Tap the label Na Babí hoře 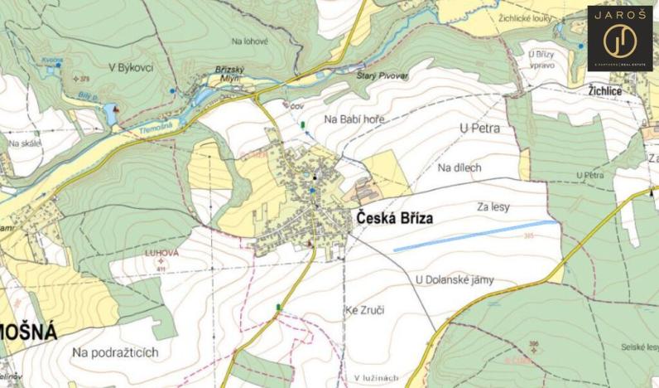coord(355,120)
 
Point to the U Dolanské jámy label coord(449,279)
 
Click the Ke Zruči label coord(363,310)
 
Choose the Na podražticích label coord(115,352)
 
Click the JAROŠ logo coord(619,37)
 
